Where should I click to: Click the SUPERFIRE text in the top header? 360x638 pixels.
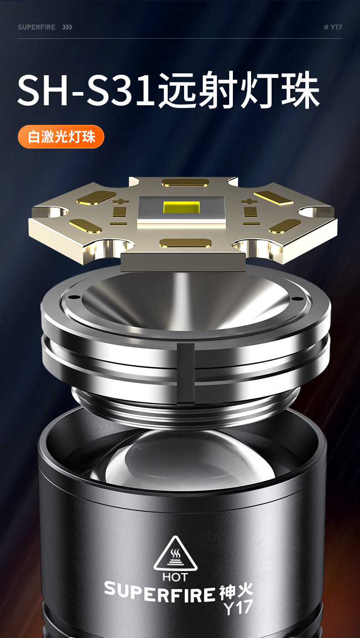[x=36, y=27]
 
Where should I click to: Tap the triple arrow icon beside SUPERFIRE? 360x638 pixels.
[x=67, y=27]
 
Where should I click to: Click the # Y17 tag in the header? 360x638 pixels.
[x=333, y=27]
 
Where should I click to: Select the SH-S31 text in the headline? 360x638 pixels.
[x=86, y=90]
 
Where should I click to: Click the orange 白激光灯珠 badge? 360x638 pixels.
[x=61, y=137]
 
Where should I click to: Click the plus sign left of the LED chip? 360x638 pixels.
[x=120, y=201]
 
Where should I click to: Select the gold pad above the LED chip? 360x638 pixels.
[x=185, y=182]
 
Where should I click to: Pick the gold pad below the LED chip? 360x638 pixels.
[x=185, y=242]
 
